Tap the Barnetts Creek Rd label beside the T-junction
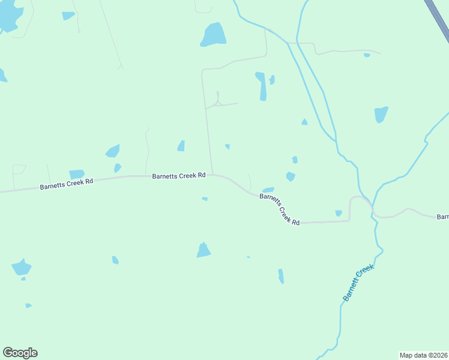pyautogui.click(x=179, y=176)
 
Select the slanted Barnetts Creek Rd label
pyautogui.click(x=279, y=209)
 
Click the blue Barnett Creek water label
pyautogui.click(x=358, y=283)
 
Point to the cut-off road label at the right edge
pyautogui.click(x=442, y=217)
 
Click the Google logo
pyautogui.click(x=20, y=353)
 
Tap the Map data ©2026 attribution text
pyautogui.click(x=423, y=355)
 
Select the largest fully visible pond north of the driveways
pyautogui.click(x=213, y=35)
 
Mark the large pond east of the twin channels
pyautogui.click(x=381, y=114)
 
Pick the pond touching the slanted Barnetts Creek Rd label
pyautogui.click(x=268, y=190)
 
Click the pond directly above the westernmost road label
pyautogui.click(x=76, y=174)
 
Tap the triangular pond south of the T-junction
pyautogui.click(x=203, y=250)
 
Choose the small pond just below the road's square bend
pyautogui.click(x=339, y=213)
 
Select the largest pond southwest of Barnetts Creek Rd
pyautogui.click(x=21, y=267)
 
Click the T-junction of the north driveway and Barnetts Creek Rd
pyautogui.click(x=211, y=175)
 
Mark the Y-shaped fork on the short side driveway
pyautogui.click(x=218, y=103)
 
